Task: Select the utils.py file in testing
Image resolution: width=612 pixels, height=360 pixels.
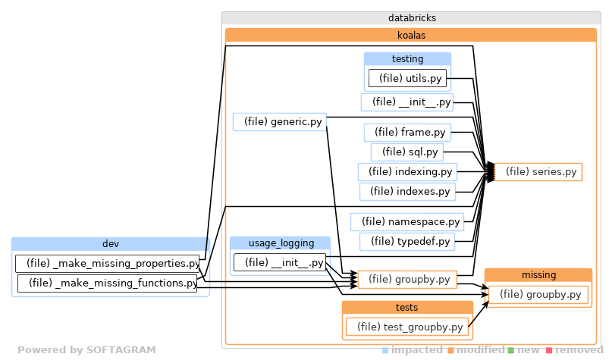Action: [x=407, y=78]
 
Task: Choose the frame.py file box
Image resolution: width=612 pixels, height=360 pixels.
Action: [x=407, y=133]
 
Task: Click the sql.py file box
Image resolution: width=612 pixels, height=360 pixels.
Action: [x=407, y=152]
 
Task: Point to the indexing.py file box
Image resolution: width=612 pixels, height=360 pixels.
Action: [x=407, y=172]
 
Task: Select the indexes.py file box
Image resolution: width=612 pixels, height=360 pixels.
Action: [x=407, y=192]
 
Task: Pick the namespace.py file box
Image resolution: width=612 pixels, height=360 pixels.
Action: [x=407, y=222]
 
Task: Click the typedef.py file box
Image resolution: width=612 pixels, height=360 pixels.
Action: [x=407, y=242]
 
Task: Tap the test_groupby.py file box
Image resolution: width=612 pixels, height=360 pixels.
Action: [x=406, y=327]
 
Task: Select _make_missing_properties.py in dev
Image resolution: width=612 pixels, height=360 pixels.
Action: [x=108, y=264]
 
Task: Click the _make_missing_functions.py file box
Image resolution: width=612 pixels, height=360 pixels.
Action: [x=108, y=283]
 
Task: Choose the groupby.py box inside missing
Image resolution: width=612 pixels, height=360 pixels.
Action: [x=538, y=294]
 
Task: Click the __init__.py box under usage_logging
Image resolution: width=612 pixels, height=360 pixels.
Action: [x=280, y=263]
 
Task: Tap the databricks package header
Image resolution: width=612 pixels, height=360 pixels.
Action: [x=410, y=17]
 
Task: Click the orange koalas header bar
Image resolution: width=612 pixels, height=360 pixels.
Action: [x=410, y=35]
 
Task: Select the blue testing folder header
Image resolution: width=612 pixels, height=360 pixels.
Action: [x=407, y=59]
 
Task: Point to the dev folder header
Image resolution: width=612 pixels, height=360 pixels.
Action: [x=111, y=244]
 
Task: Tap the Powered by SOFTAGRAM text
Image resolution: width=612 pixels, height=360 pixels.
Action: [x=86, y=350]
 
